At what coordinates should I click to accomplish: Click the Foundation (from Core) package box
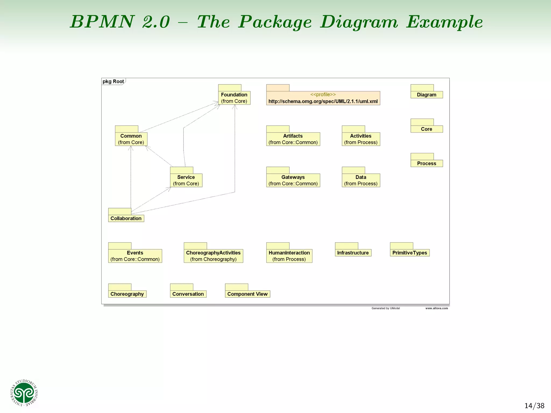234,98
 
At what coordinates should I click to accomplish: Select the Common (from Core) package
131,139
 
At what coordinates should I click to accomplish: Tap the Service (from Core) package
186,180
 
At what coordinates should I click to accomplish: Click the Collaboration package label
126,218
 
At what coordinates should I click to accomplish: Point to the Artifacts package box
293,139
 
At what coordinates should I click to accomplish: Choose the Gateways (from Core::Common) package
293,180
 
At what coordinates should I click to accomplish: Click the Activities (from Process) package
361,139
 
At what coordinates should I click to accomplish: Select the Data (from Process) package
361,180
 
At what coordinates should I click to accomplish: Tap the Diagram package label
426,95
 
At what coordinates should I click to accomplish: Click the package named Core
426,129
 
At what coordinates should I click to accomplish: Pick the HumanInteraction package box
289,256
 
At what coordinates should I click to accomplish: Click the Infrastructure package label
353,253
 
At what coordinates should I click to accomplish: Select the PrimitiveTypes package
409,253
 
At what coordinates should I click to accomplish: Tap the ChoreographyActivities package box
213,256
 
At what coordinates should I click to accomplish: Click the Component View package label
247,294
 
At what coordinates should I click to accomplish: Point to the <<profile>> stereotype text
323,94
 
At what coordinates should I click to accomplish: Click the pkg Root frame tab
113,81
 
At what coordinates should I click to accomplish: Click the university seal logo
24,393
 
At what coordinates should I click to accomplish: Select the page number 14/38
534,405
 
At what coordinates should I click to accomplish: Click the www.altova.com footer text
436,308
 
